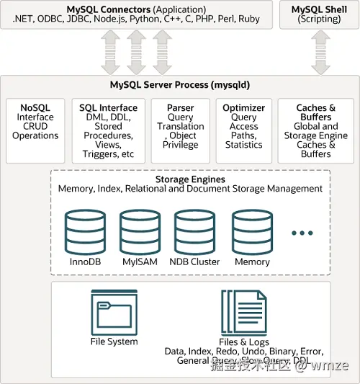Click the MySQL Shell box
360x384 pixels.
(318, 14)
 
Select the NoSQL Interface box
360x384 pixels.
(35, 130)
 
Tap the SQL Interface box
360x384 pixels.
(108, 130)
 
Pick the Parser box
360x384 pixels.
(180, 130)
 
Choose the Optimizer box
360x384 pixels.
(244, 130)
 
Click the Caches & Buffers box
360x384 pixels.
(315, 130)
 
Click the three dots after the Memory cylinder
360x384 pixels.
(302, 233)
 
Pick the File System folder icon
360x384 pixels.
(113, 311)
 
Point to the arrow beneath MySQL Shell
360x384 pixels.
(318, 52)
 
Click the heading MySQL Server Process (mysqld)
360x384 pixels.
(180, 85)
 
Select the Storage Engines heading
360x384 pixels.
(190, 179)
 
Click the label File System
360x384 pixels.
(114, 341)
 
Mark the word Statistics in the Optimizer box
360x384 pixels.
(244, 145)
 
